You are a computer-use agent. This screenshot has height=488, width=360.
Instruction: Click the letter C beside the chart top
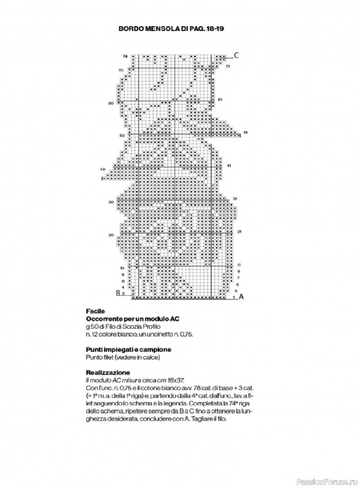click(x=237, y=56)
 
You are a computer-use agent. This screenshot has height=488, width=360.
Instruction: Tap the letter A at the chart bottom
click(x=241, y=297)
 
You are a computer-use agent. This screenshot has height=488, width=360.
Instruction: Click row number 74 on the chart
click(x=124, y=57)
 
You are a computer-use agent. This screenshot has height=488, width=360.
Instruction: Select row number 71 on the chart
click(x=228, y=65)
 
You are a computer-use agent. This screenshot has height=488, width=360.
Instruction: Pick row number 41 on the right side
click(x=228, y=165)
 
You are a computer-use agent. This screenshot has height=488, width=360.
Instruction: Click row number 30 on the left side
click(x=111, y=201)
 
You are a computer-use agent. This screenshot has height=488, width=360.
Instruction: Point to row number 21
click(x=239, y=232)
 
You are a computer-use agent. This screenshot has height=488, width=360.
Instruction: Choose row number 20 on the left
click(x=111, y=235)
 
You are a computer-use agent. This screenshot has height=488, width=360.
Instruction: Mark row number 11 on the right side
click(x=239, y=265)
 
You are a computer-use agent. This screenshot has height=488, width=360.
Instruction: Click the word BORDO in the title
click(x=130, y=28)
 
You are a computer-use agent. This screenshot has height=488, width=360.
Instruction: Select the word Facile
click(x=96, y=311)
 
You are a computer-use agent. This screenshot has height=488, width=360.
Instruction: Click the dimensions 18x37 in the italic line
click(x=168, y=379)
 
